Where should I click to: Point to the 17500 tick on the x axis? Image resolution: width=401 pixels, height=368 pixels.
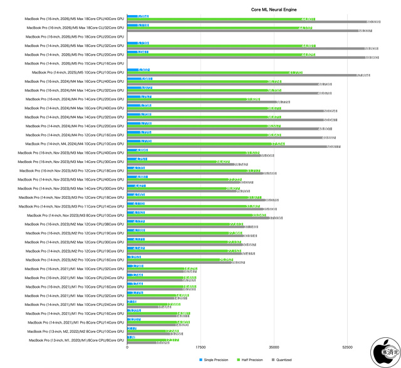coord(200,347)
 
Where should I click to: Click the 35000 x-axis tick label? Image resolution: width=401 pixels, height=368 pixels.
coord(274,347)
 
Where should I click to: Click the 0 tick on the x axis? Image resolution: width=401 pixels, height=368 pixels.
coord(127,347)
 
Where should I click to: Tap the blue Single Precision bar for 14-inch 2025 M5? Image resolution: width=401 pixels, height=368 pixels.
coord(138,70)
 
